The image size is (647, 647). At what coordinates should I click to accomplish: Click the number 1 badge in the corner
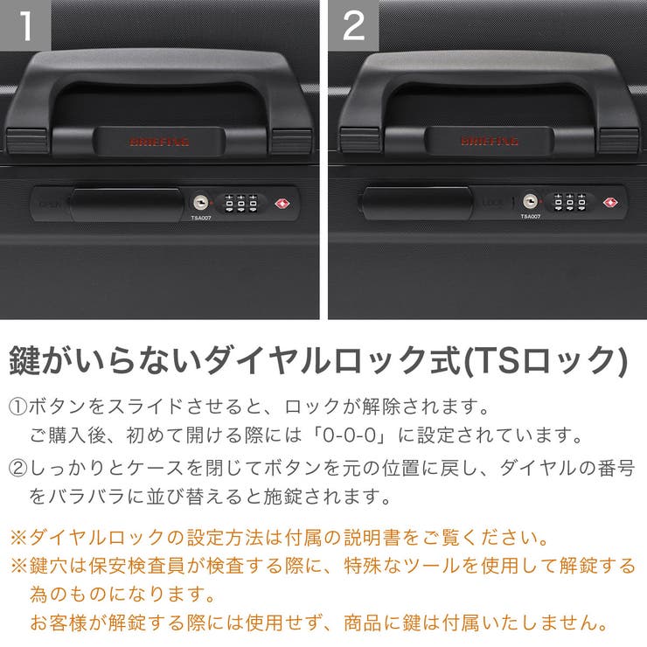pos(25,25)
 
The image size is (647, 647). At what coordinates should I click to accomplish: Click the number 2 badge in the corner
pos(353,25)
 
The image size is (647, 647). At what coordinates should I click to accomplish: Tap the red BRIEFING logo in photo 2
pos(490,141)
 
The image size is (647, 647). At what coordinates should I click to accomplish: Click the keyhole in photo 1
pos(201,201)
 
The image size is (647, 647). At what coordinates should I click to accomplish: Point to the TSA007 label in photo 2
pos(530,217)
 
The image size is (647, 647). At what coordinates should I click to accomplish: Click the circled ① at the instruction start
pos(17,407)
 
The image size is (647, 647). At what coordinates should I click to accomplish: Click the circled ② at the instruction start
pos(17,469)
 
